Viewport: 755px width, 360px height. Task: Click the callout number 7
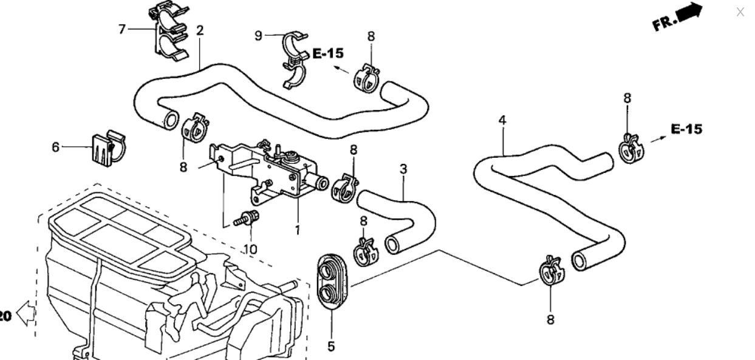[x=122, y=29]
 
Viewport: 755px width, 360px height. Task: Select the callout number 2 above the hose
[x=200, y=30]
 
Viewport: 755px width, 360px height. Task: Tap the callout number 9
[x=258, y=36]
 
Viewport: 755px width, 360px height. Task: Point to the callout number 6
[x=56, y=147]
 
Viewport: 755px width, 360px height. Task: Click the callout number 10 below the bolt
[x=250, y=249]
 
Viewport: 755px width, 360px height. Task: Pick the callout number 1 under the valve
[x=298, y=231]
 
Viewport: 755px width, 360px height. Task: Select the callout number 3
[x=403, y=169]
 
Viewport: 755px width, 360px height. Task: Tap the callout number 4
[x=502, y=120]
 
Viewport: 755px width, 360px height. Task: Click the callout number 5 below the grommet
[x=331, y=347]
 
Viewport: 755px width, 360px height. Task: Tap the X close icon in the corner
[x=740, y=12]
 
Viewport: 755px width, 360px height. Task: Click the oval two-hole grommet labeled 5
[x=332, y=281]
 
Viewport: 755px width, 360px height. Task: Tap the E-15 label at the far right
[x=686, y=129]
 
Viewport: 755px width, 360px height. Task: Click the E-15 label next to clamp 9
[x=327, y=53]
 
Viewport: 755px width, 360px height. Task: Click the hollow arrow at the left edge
[x=26, y=314]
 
